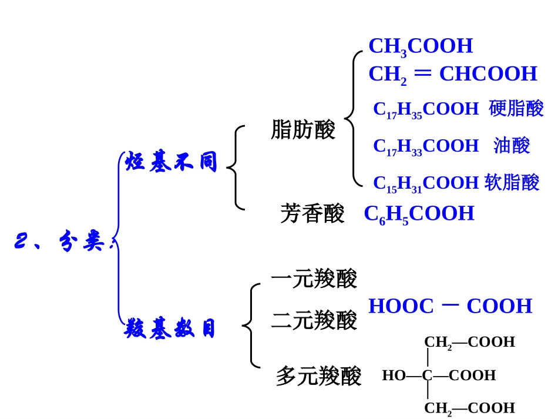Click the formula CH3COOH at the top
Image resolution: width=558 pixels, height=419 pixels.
420,46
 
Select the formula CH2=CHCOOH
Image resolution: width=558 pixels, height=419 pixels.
452,74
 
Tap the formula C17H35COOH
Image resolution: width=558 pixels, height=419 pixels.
426,109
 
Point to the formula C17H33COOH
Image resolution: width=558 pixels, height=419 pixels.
426,146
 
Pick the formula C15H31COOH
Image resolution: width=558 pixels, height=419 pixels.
426,183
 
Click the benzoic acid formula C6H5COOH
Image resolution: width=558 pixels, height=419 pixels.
419,214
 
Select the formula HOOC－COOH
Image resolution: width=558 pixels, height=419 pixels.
450,306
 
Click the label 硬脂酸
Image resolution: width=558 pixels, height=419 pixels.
516,109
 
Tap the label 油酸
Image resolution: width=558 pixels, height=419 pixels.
512,145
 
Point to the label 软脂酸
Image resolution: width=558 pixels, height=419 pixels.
512,183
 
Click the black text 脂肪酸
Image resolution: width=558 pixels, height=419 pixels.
302,130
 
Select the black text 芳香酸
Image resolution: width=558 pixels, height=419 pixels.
312,214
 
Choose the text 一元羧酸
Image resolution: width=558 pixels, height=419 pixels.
314,279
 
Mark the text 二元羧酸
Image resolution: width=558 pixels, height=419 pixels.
314,321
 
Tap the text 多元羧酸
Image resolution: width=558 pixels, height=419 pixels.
318,377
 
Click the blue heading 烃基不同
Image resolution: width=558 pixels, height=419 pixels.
171,162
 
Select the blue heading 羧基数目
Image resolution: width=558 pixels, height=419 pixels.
170,329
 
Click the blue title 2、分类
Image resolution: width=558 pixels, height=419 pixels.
62,242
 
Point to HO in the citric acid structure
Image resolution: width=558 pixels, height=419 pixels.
393,376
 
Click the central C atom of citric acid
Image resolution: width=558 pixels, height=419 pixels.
427,376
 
